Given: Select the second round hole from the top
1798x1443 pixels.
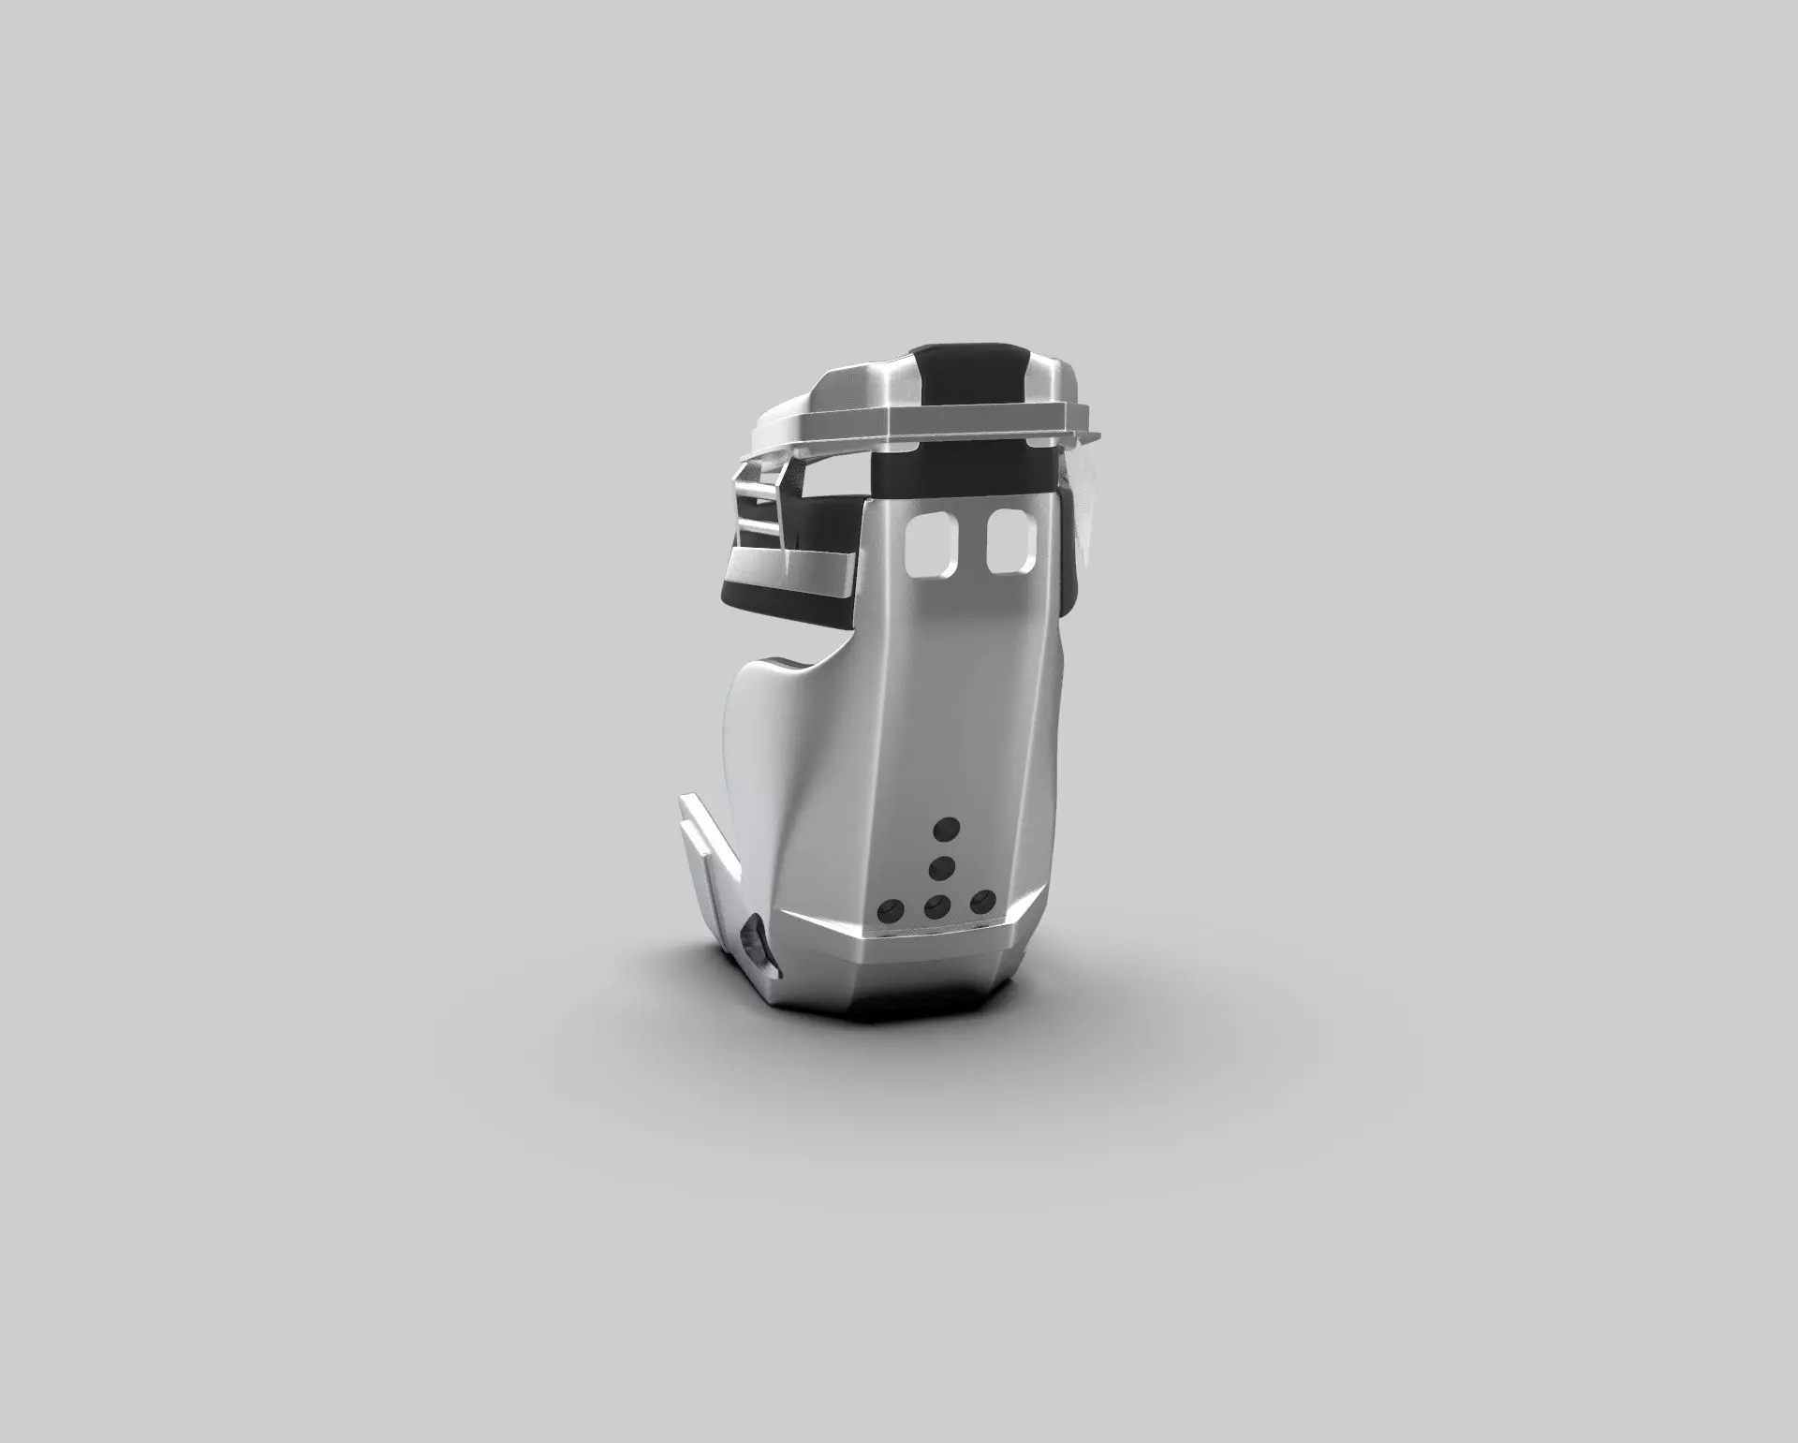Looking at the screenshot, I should pyautogui.click(x=941, y=867).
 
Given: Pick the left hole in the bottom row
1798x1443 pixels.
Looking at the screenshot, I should pyautogui.click(x=888, y=908).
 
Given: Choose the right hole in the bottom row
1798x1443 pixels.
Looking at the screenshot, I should pyautogui.click(x=980, y=902).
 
